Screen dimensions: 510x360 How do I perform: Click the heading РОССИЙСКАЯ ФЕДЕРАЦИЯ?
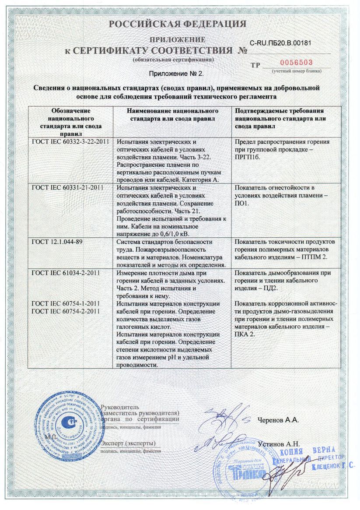coord(177,24)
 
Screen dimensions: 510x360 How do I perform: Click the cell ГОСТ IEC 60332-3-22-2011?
coord(70,142)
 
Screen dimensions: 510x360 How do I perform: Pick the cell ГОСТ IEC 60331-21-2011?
coord(67,188)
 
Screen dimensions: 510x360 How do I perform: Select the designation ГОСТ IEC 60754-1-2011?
coord(66,303)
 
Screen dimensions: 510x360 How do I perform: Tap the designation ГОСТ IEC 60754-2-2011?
coord(66,311)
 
